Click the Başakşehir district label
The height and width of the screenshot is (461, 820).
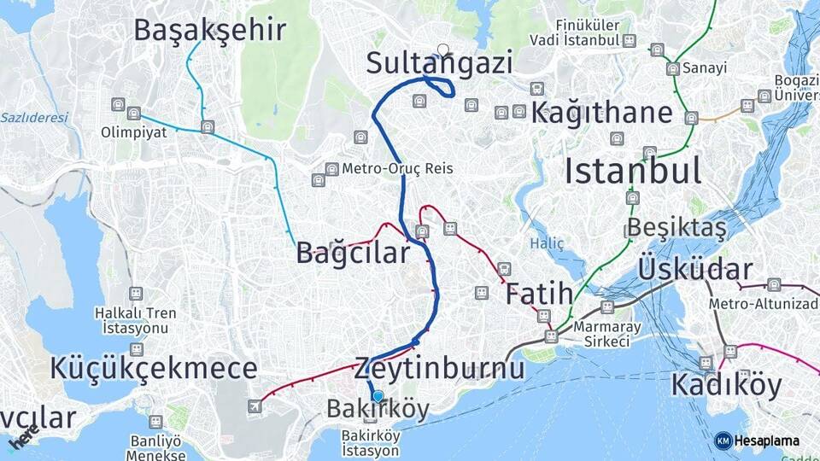pyautogui.click(x=209, y=30)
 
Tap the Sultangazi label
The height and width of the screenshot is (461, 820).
pyautogui.click(x=439, y=63)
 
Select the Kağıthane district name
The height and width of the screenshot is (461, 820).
pyautogui.click(x=602, y=113)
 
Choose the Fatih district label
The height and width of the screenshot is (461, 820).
pyautogui.click(x=539, y=295)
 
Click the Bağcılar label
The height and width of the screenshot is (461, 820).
pyautogui.click(x=353, y=253)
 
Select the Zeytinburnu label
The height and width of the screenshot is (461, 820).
pyautogui.click(x=438, y=368)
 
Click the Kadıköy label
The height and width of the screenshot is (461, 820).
pyautogui.click(x=725, y=385)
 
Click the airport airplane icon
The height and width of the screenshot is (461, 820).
pyautogui.click(x=255, y=406)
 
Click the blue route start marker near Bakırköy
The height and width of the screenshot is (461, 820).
pyautogui.click(x=378, y=396)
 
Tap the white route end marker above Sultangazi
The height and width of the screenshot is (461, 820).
pyautogui.click(x=442, y=50)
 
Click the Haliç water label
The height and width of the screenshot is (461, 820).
pyautogui.click(x=547, y=243)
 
